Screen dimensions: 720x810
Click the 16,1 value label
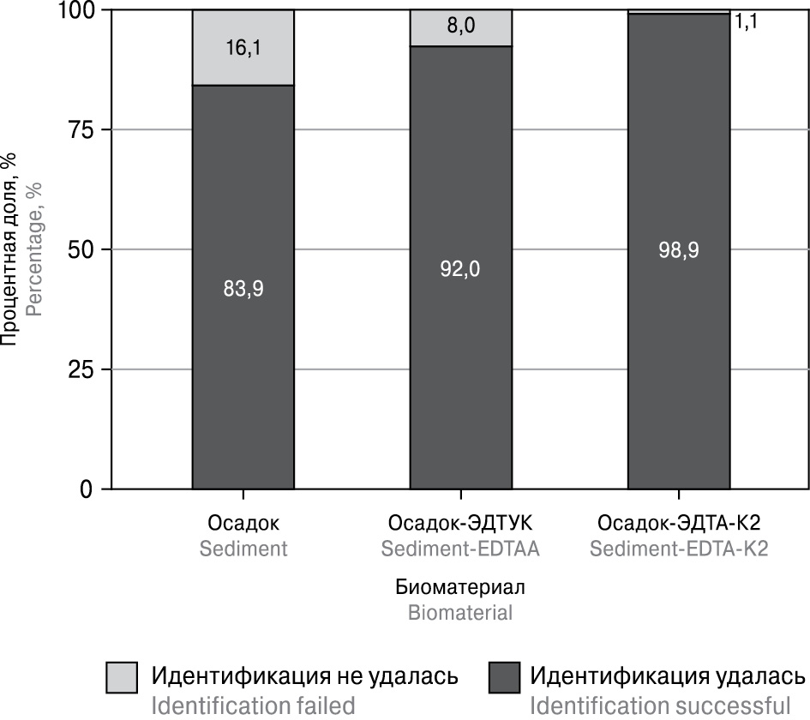coord(243,48)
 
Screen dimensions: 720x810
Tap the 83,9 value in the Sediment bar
coord(243,289)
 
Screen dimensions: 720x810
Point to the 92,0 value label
coord(460,269)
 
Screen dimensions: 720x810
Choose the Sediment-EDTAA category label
coord(460,549)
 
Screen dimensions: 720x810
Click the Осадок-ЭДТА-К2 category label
coord(679,523)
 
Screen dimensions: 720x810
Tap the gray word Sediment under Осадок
coord(243,549)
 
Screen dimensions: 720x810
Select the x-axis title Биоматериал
coord(460,588)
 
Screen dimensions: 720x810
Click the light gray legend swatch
coord(123,677)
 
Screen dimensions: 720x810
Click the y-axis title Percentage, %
coord(34,248)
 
